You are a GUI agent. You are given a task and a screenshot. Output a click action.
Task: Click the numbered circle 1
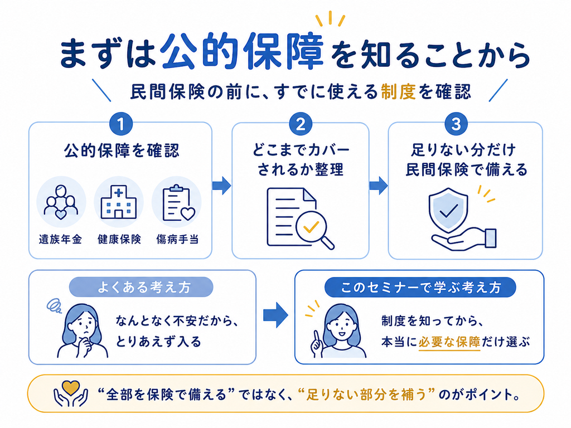pyautogui.click(x=121, y=124)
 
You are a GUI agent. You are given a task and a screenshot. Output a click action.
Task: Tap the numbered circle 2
pyautogui.click(x=301, y=124)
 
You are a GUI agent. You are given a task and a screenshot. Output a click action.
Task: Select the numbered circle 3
pyautogui.click(x=456, y=124)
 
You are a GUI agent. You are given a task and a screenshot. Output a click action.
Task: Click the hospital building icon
pyautogui.click(x=119, y=202)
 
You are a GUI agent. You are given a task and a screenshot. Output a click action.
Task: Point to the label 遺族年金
pyautogui.click(x=60, y=239)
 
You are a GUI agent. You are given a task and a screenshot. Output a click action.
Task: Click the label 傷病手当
pyautogui.click(x=177, y=239)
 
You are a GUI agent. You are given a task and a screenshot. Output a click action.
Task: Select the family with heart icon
pyautogui.click(x=61, y=202)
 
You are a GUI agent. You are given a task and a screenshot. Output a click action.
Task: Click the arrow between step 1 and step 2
pyautogui.click(x=222, y=186)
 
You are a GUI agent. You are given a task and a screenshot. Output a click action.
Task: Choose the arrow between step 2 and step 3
pyautogui.click(x=379, y=186)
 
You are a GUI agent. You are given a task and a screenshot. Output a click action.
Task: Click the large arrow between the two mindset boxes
pyautogui.click(x=275, y=315)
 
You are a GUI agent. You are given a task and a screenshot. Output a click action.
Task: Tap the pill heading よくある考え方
pyautogui.click(x=141, y=287)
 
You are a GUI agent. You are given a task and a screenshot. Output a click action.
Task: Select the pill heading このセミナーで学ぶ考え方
pyautogui.click(x=420, y=287)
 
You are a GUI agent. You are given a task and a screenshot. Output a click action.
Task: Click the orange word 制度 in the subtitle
pyautogui.click(x=398, y=91)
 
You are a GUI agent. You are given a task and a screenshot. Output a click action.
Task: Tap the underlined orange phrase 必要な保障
pyautogui.click(x=449, y=342)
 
